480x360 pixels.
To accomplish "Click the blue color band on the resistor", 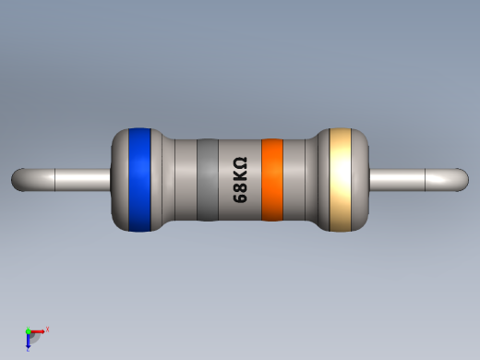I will click(139, 179).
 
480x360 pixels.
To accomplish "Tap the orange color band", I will click(271, 179).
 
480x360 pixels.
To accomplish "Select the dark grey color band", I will click(207, 179).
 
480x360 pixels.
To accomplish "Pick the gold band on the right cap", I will click(342, 179).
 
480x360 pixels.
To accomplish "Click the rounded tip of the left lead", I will click(18, 179).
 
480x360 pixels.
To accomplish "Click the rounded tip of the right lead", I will click(462, 179).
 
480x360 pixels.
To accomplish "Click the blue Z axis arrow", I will click(29, 342).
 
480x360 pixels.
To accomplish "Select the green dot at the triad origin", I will click(29, 330).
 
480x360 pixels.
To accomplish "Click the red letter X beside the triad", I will click(47, 329).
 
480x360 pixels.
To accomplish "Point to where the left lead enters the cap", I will click(111, 179).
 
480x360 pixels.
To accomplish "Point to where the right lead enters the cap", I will click(368, 179).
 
